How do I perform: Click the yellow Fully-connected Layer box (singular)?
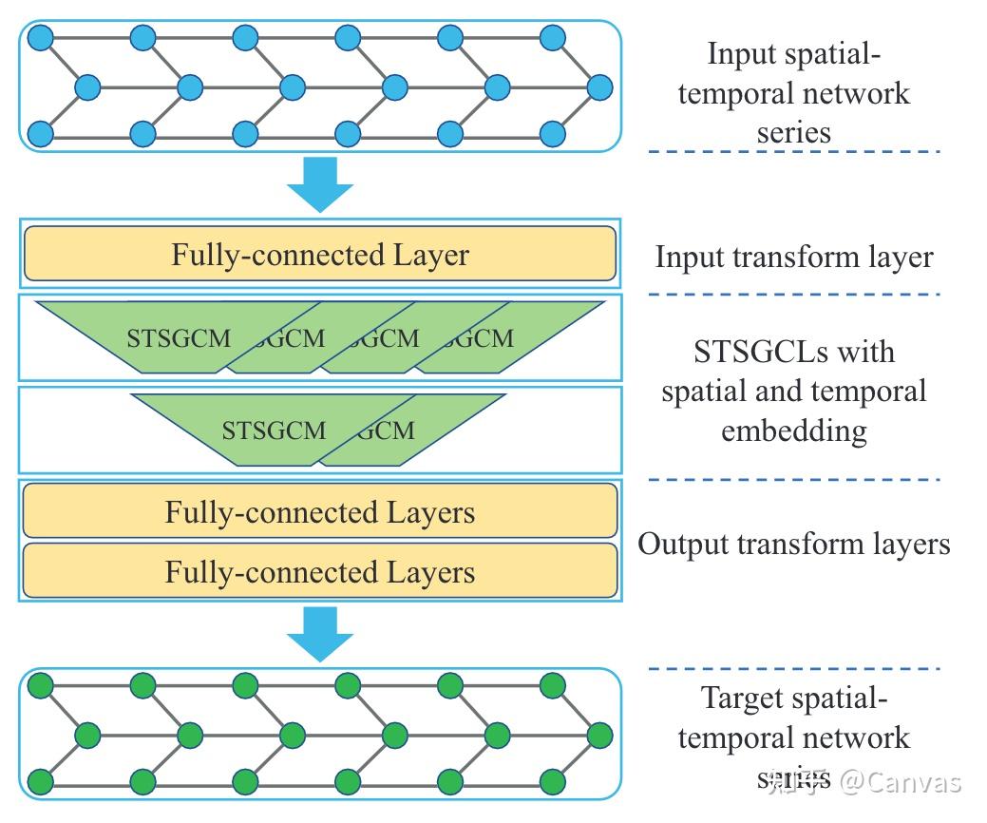pyautogui.click(x=320, y=255)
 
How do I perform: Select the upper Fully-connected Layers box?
pyautogui.click(x=320, y=512)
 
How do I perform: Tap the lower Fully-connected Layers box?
pyautogui.click(x=320, y=571)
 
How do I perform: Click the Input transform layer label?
pyautogui.click(x=794, y=257)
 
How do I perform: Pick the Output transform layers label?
pyautogui.click(x=794, y=544)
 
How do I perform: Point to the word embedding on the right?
pyautogui.click(x=794, y=431)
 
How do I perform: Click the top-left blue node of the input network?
pyautogui.click(x=40, y=38)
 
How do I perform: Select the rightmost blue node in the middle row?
pyautogui.click(x=599, y=87)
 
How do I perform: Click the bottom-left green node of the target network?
pyautogui.click(x=40, y=782)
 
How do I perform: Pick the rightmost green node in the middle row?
pyautogui.click(x=599, y=735)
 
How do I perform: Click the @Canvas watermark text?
pyautogui.click(x=901, y=781)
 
